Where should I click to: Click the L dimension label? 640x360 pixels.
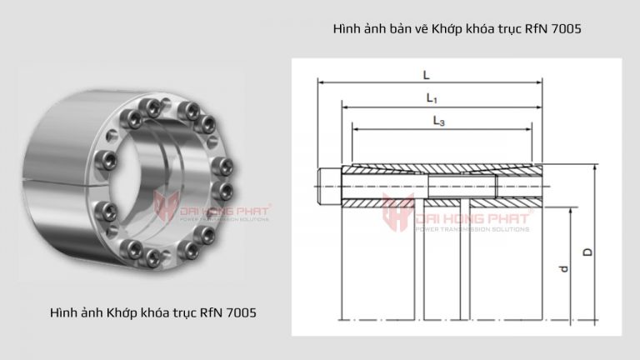click(x=426, y=74)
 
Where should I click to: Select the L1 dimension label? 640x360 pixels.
click(x=432, y=98)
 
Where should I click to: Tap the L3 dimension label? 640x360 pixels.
click(x=438, y=121)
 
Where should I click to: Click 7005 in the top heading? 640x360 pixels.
click(x=562, y=28)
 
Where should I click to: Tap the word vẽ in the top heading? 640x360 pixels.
click(x=421, y=28)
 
